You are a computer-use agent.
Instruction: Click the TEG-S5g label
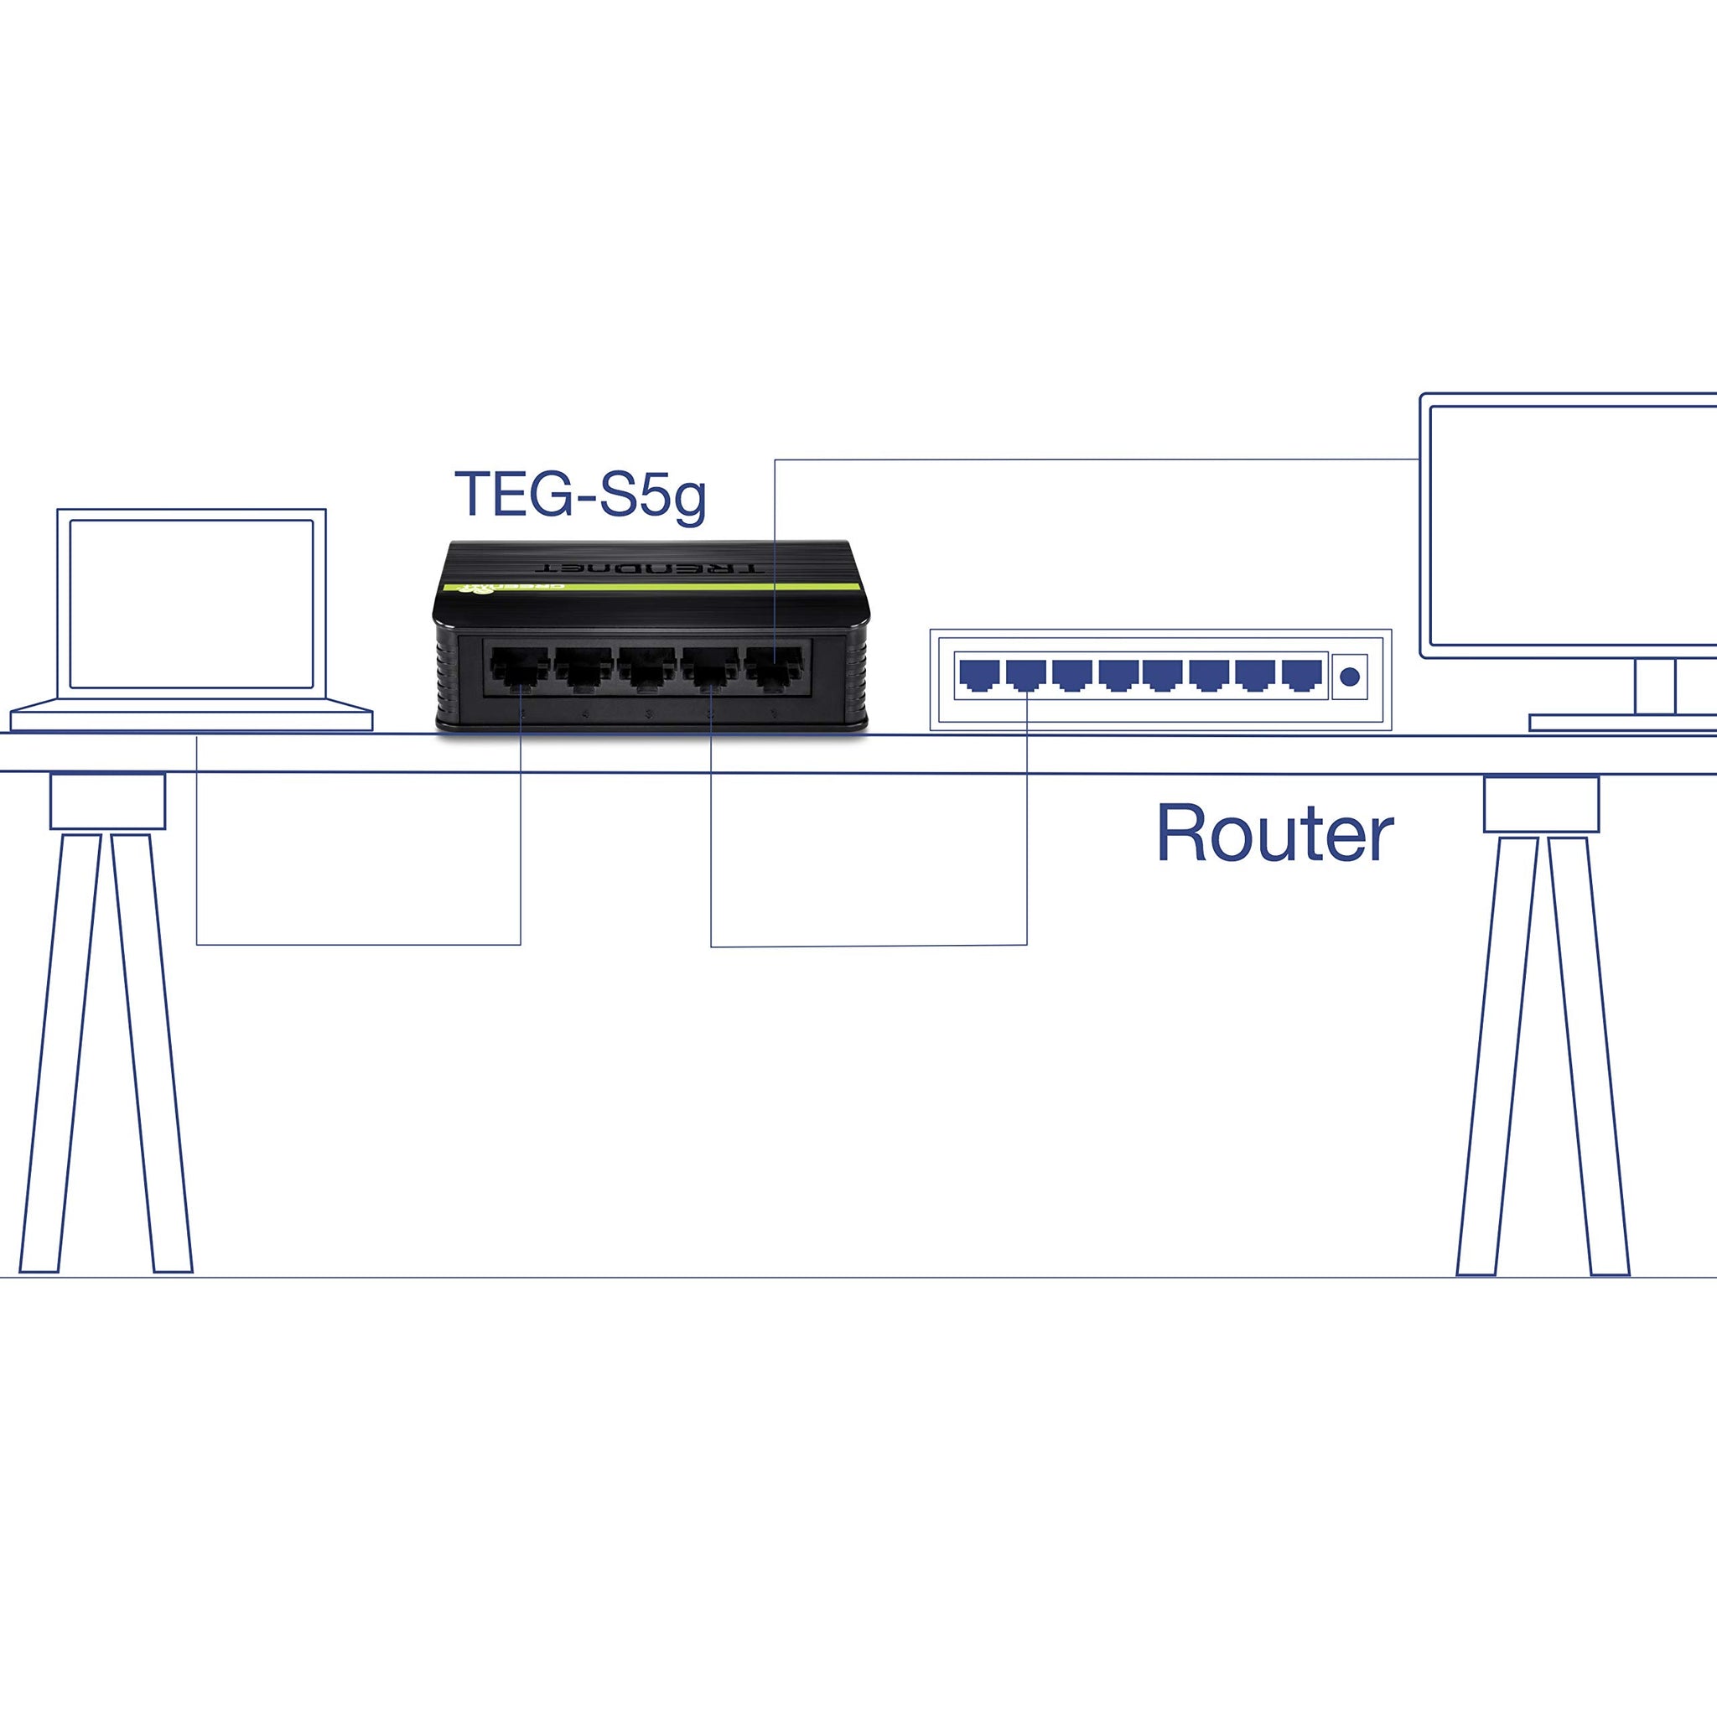[x=579, y=494]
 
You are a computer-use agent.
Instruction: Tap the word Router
[x=1273, y=833]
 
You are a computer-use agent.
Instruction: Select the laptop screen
[x=191, y=604]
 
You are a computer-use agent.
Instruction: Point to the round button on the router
[x=1349, y=677]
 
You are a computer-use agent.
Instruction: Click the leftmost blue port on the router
[x=978, y=675]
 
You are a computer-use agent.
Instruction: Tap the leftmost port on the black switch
[x=519, y=667]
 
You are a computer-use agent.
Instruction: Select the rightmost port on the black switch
[x=773, y=667]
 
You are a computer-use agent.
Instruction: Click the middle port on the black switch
[x=647, y=667]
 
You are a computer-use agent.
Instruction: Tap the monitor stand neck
[x=1655, y=685]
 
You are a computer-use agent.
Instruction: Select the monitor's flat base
[x=1623, y=723]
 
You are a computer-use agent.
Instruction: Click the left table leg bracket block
[x=107, y=801]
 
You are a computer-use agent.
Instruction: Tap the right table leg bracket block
[x=1541, y=804]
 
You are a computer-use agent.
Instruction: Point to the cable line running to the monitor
[x=1093, y=459]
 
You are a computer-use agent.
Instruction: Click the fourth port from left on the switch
[x=710, y=667]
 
